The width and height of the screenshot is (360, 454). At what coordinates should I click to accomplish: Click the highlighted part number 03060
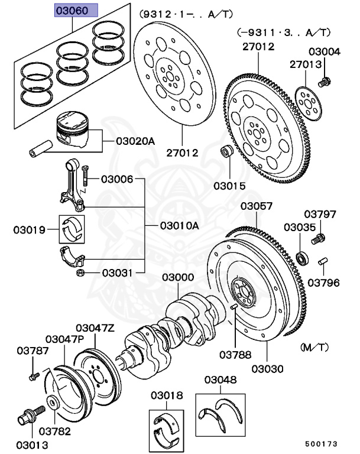[73, 11]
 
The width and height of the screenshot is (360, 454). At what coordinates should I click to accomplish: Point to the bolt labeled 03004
[323, 81]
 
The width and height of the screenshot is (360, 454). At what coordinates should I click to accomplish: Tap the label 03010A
[180, 226]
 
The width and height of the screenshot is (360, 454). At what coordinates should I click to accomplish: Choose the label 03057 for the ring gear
[256, 206]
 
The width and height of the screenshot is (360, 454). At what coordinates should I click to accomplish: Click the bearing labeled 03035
[302, 257]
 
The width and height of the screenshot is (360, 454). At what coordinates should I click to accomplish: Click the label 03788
[235, 355]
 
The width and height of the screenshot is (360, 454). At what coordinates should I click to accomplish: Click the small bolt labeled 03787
[33, 375]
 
